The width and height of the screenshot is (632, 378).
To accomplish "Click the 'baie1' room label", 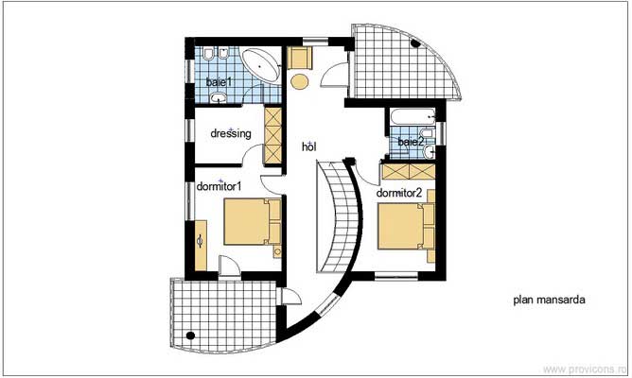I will pos(219,84).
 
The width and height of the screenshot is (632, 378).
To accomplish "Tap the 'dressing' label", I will pos(230,134).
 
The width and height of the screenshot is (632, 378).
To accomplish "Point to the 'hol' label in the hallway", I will pos(307,146).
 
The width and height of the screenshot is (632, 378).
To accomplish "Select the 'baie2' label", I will pos(411,142).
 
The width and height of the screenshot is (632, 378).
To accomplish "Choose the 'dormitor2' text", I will pos(398,193).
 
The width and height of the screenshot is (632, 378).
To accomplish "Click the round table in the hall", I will pos(301,82).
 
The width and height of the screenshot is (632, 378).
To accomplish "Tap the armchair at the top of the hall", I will pos(300,59).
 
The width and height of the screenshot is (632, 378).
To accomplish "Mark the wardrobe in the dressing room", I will pos(273,135).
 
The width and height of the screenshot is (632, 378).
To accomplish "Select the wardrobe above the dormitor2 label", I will pos(408,174).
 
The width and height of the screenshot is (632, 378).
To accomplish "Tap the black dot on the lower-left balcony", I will pos(190,335).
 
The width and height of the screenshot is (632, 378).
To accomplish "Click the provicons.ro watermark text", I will pos(592,370).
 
